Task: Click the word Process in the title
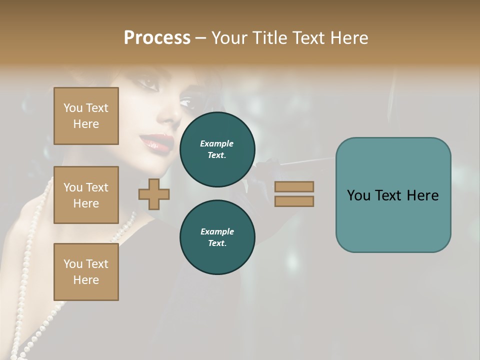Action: click(157, 38)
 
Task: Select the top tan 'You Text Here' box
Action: click(86, 116)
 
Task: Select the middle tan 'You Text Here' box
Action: click(86, 195)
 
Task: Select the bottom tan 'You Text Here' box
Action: click(86, 272)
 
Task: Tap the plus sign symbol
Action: click(154, 194)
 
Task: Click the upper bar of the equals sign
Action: click(294, 186)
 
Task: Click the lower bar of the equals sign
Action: click(294, 201)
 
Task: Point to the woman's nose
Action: click(170, 115)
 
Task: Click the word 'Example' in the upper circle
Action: click(217, 143)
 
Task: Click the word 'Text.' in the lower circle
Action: click(217, 243)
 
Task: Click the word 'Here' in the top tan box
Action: click(86, 124)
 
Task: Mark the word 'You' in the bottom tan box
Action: click(73, 264)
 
